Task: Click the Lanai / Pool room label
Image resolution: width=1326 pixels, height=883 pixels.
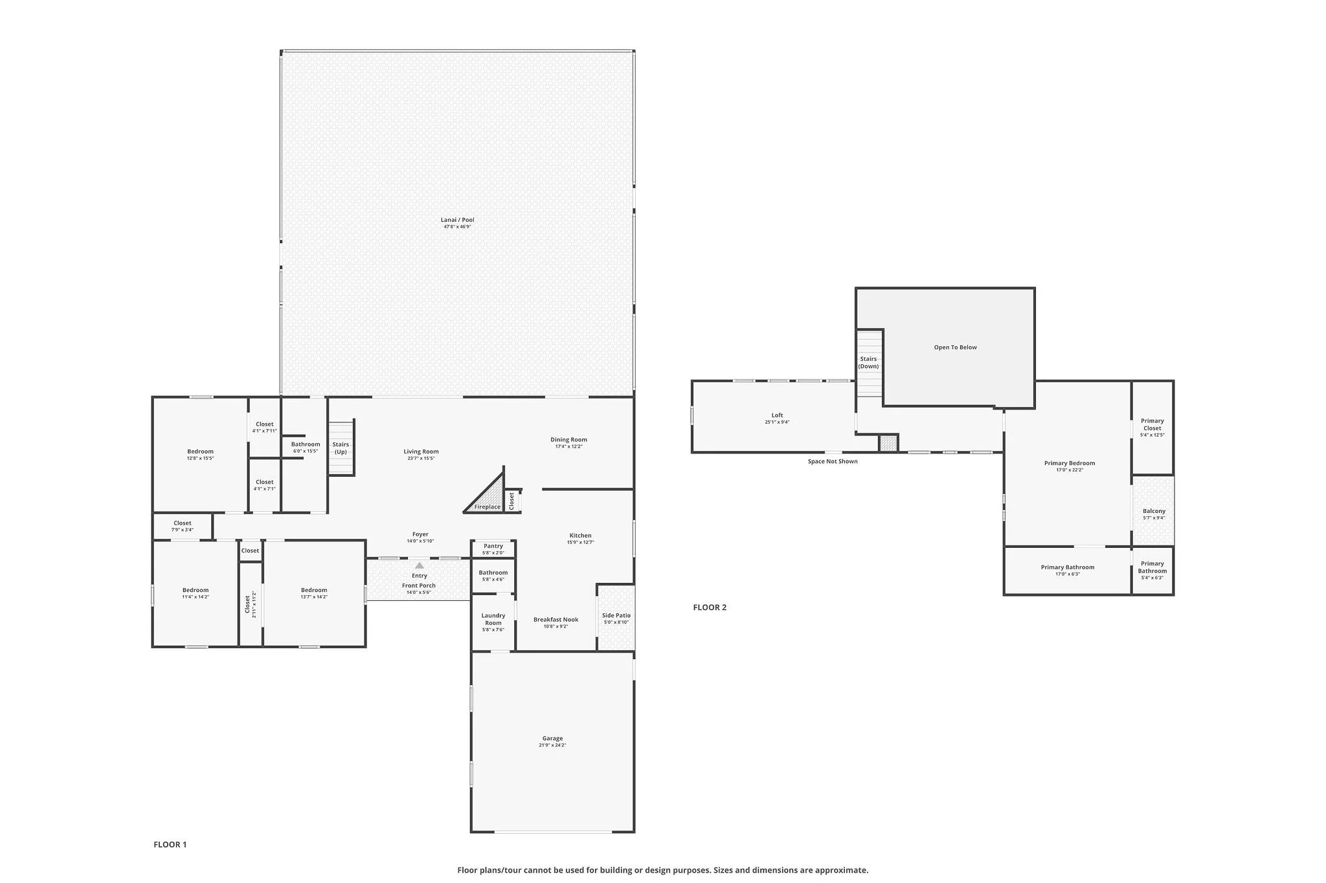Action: pos(457,220)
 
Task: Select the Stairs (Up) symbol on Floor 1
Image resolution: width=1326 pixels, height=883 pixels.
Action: pos(341,448)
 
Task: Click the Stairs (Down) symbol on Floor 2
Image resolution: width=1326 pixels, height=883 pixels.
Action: pos(869,363)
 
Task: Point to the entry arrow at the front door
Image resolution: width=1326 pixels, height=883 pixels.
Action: pos(420,565)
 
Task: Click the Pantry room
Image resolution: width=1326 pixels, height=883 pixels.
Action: pos(493,549)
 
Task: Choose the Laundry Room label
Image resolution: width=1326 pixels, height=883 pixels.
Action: pos(493,619)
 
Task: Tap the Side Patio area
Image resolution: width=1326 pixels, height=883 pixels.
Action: pos(616,618)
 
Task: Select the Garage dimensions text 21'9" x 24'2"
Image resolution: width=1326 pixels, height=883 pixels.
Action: pos(552,745)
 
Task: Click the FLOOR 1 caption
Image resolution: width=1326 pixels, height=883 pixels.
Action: pos(170,844)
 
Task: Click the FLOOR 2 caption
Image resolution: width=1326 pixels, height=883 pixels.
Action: pos(710,607)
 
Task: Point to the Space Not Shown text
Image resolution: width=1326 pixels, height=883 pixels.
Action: pos(833,461)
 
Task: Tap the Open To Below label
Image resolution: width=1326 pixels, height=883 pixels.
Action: pos(955,347)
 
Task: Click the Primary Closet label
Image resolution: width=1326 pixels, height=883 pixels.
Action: pos(1152,424)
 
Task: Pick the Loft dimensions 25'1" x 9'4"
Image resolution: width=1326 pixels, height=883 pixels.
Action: pos(777,422)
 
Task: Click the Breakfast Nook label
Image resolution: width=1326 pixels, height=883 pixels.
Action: pos(556,620)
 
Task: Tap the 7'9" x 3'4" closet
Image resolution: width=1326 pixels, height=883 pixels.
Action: pos(182,526)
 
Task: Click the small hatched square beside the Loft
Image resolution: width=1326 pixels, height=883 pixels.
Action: pos(888,443)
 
